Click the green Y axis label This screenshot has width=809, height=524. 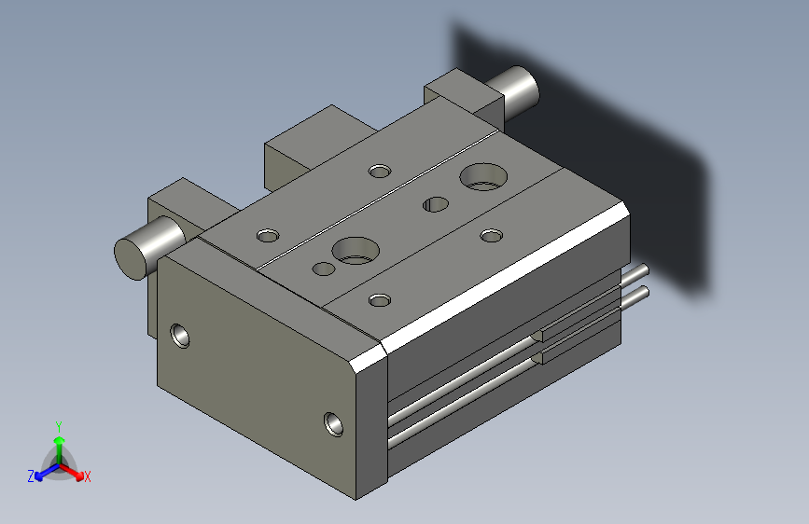(x=59, y=427)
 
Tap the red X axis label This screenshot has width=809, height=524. (x=87, y=476)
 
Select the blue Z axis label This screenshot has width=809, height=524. (x=31, y=476)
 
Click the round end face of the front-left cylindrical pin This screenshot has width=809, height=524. (x=130, y=259)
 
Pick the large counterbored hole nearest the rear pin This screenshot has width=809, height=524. (x=483, y=177)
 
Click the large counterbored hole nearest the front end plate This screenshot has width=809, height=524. (x=356, y=251)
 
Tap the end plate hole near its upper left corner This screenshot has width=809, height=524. (x=179, y=336)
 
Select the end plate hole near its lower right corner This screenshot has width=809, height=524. (x=333, y=424)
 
